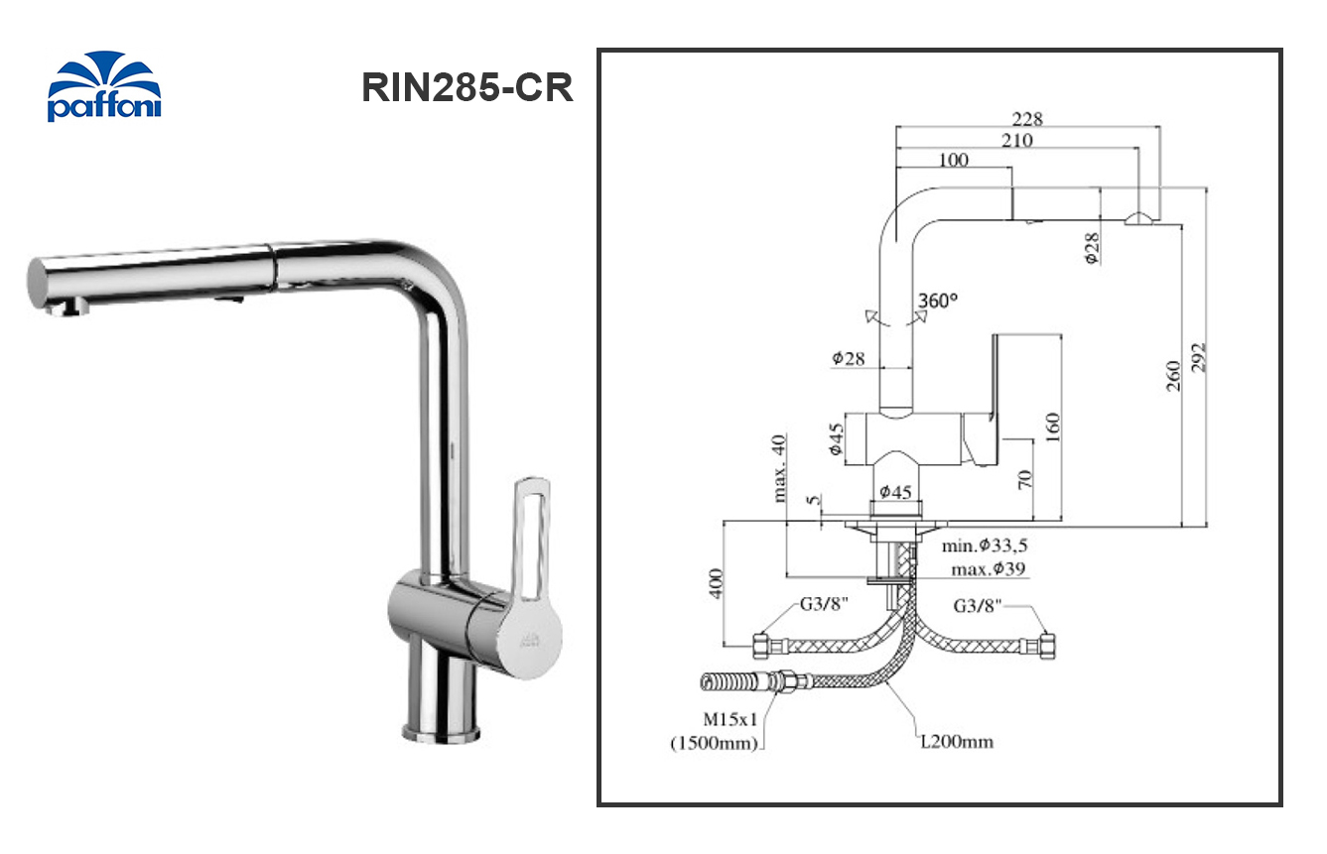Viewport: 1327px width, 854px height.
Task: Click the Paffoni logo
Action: coord(104,87)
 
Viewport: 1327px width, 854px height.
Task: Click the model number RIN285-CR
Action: coord(466,88)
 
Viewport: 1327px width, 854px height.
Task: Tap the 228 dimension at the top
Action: coord(1027,118)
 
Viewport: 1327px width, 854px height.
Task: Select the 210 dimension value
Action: coord(1016,141)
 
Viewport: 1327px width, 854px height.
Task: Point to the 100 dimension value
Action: coord(952,161)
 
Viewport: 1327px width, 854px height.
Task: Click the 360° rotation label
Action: coord(940,300)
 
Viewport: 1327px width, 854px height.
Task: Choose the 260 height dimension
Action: coord(1173,377)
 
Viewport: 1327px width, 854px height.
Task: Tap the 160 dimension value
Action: coord(1052,427)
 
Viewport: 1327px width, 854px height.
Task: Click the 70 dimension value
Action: coord(1025,479)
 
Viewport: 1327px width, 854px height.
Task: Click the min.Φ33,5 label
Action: coord(985,546)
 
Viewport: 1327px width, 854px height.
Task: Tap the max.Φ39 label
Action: coord(988,569)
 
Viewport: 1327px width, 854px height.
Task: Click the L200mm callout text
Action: coord(955,741)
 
